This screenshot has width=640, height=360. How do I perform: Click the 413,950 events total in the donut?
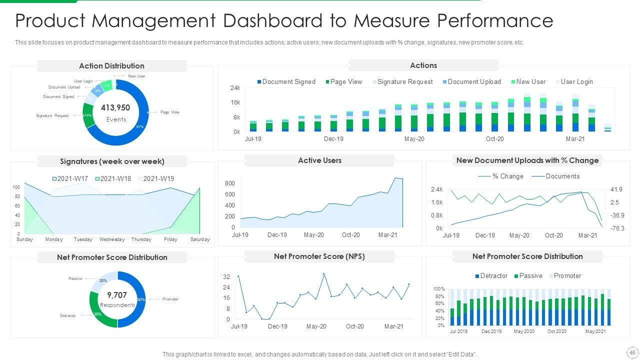click(115, 107)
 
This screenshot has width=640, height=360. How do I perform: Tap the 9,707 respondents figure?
click(117, 295)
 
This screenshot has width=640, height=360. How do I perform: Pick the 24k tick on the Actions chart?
click(235, 88)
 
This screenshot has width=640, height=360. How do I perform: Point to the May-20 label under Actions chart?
click(414, 139)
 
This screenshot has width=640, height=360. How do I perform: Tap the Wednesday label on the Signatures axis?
click(112, 239)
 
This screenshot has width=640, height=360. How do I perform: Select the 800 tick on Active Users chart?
click(229, 183)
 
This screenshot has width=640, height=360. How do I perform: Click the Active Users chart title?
click(319, 160)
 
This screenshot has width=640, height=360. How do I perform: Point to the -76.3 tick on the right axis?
click(617, 228)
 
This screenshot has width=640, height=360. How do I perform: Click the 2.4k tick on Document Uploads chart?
click(436, 190)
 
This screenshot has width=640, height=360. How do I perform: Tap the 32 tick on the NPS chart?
click(226, 277)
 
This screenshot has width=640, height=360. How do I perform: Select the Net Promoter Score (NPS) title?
click(319, 256)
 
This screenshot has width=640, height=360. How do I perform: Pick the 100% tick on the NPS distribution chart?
click(438, 289)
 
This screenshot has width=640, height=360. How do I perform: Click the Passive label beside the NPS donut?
click(75, 278)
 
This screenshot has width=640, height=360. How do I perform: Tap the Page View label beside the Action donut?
click(170, 112)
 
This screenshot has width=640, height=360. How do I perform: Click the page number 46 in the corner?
click(632, 352)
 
